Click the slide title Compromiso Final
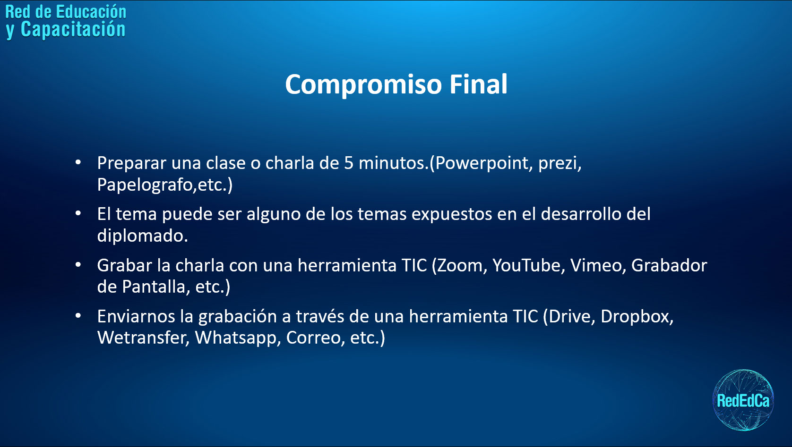pos(396,84)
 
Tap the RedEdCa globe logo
pos(743,400)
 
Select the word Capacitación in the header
pos(73,29)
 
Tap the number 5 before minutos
pos(348,163)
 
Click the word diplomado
pos(141,236)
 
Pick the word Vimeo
pos(597,265)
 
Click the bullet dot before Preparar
pos(78,162)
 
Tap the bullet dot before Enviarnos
pos(78,316)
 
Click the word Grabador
pos(669,265)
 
